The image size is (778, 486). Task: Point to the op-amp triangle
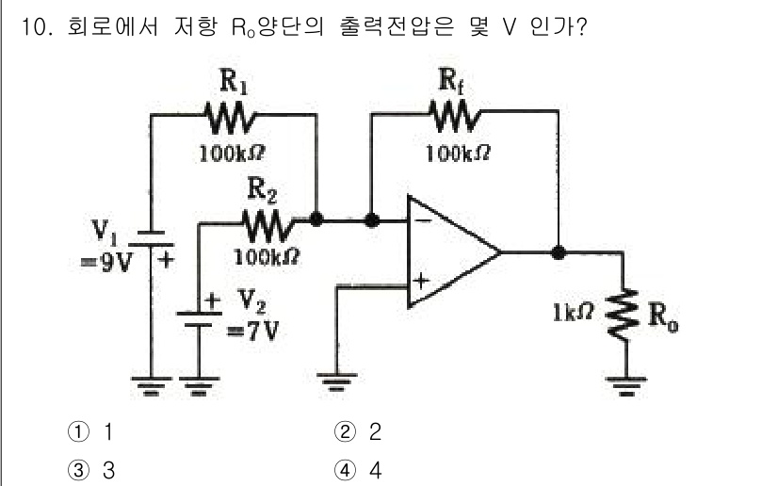tap(448, 251)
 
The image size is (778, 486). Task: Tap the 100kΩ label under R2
tap(268, 255)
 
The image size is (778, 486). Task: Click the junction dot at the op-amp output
tap(559, 252)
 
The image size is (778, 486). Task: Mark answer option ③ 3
tap(94, 470)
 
